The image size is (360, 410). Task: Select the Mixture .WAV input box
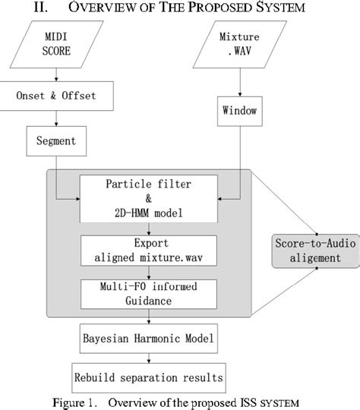coord(242,46)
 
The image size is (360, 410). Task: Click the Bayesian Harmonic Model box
coord(151,336)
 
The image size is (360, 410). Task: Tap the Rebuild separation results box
coord(151,377)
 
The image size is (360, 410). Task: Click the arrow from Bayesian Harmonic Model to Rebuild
coord(151,357)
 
